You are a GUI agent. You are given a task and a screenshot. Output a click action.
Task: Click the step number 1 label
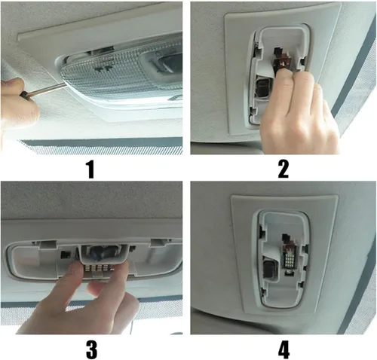[x=90, y=169]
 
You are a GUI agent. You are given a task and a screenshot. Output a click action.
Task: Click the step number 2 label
[x=284, y=169]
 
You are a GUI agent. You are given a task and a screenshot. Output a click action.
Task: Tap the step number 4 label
[x=284, y=349]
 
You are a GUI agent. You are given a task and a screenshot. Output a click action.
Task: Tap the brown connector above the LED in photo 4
[x=288, y=243]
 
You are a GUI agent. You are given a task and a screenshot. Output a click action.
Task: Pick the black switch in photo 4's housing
[x=268, y=270]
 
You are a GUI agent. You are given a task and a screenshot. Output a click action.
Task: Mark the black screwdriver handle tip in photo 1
[x=24, y=95]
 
